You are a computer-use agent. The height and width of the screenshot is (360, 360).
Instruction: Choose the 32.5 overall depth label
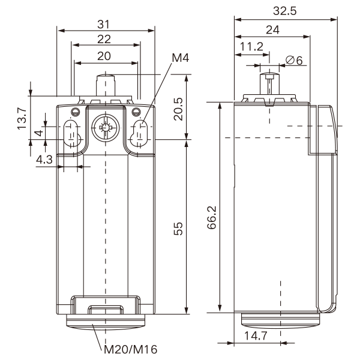pos(286,11)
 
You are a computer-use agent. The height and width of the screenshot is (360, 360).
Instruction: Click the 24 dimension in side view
pos(272,30)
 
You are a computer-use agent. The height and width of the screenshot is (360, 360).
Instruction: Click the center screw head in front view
pos(106,127)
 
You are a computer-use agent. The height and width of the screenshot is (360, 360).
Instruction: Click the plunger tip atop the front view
pos(106,80)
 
